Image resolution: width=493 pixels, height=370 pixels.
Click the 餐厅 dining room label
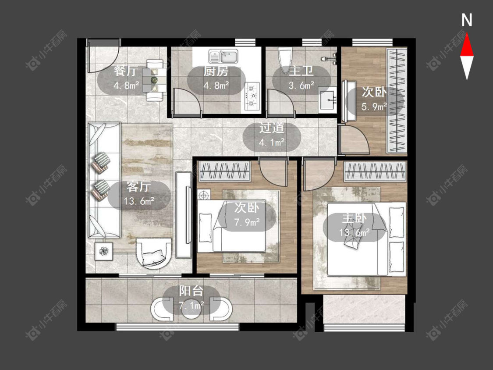click(125, 71)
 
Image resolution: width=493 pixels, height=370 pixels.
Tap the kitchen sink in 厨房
click(223, 56)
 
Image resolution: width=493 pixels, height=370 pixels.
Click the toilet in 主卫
click(286, 60)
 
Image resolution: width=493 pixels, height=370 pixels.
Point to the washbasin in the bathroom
click(328, 100)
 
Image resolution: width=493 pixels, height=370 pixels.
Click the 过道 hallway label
click(272, 128)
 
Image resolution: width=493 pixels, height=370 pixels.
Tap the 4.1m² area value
click(272, 142)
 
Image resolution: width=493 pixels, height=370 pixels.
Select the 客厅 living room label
click(138, 187)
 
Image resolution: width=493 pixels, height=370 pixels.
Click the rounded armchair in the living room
click(154, 253)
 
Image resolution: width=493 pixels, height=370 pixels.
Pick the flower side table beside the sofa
click(103, 251)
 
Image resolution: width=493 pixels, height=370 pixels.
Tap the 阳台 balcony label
click(191, 291)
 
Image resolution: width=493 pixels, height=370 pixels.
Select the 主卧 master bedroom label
click(354, 218)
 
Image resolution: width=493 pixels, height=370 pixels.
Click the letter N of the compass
click(467, 20)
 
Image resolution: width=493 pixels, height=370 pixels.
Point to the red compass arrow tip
click(467, 33)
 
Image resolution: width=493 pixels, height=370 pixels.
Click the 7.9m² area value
click(247, 222)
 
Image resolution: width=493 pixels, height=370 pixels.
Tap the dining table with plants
click(154, 80)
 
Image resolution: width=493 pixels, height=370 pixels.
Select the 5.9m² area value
click(374, 107)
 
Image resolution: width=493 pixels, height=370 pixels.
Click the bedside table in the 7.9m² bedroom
click(204, 195)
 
